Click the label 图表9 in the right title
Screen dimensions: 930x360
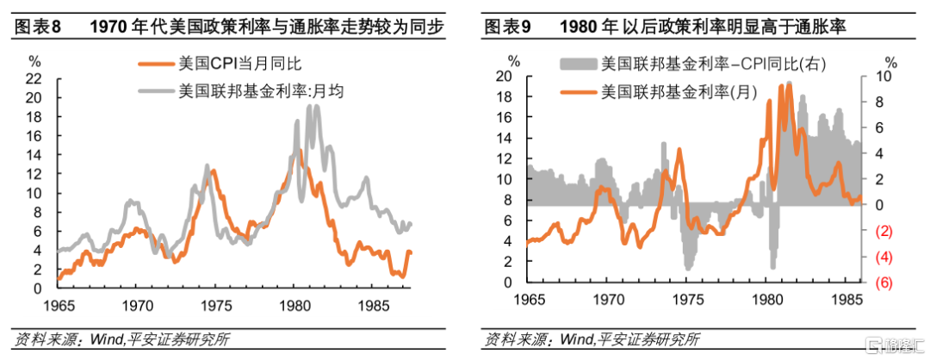pos(508,28)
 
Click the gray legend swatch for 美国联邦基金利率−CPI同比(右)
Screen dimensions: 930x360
pos(579,64)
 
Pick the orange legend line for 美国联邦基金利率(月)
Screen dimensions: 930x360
pos(579,92)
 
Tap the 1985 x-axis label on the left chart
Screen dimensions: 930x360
pos(373,307)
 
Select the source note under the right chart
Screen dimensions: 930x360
pos(592,340)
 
